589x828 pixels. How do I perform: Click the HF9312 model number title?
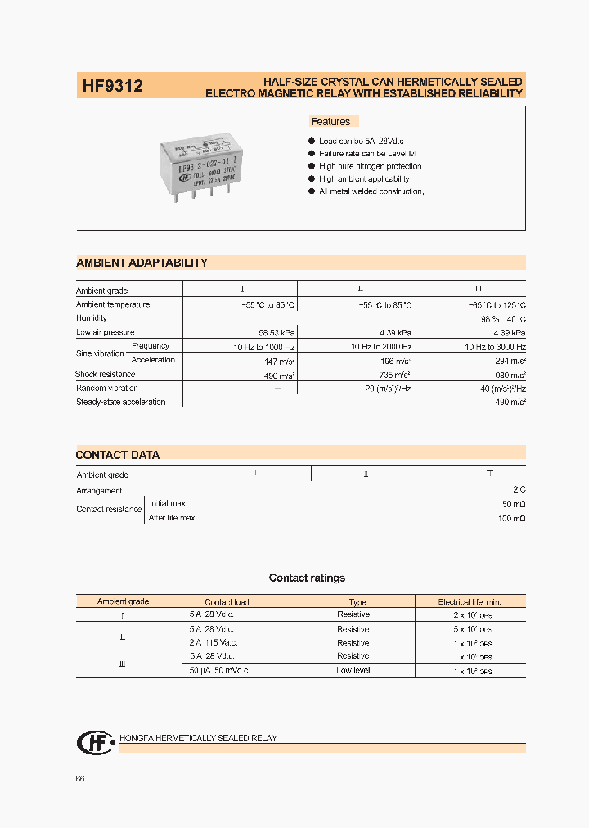(113, 85)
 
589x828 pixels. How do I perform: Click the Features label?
(330, 122)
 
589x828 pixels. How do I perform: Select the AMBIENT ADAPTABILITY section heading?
(142, 263)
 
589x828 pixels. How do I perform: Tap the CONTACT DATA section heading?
(118, 455)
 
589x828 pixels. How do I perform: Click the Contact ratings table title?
(307, 578)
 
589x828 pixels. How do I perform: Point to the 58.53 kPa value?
(277, 333)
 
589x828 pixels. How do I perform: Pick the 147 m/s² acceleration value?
(280, 361)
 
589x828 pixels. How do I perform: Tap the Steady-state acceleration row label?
(120, 402)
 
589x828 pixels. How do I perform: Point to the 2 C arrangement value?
(518, 490)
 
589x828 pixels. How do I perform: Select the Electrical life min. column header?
(469, 601)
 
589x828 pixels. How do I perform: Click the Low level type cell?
(353, 670)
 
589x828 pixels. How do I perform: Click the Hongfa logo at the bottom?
(92, 741)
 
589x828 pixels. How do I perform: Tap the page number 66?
(80, 779)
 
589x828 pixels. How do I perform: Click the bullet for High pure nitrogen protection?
(312, 166)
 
